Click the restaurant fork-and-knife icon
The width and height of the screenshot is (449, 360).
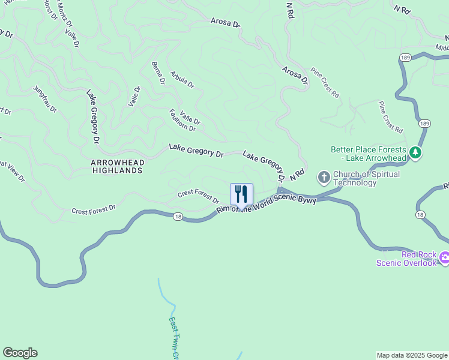pos(241,194)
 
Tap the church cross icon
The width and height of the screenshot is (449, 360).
pos(324,176)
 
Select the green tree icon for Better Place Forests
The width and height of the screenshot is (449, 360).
pos(415,154)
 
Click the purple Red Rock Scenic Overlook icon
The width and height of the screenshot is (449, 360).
pos(444,258)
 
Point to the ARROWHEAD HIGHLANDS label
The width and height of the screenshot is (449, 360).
pos(117,166)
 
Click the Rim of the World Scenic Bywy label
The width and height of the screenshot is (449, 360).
pos(267,204)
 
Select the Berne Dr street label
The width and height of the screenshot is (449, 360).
pos(158,73)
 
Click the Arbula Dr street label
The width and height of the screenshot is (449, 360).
pos(182,80)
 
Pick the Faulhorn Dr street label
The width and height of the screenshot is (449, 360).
pos(182,120)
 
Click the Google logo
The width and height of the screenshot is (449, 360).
pos(20,353)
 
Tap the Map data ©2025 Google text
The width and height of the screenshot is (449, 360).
pos(411,355)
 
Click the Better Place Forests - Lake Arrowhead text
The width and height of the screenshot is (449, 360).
pos(369,154)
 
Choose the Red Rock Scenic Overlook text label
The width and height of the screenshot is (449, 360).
pos(406,259)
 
